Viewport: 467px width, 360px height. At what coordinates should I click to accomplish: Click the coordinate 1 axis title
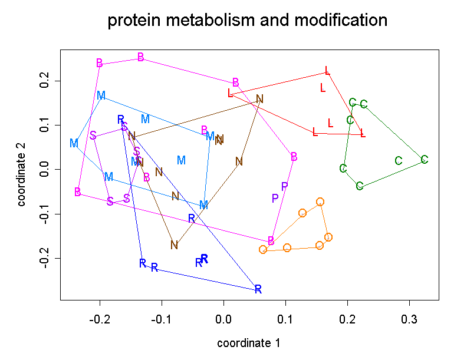click(248, 343)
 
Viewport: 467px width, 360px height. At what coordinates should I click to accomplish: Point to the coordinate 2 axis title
click(22, 170)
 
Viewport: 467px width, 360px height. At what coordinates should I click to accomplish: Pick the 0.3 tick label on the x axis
click(410, 318)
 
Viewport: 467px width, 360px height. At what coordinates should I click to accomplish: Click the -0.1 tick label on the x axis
click(162, 318)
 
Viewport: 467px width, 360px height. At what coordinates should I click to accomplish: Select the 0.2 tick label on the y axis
click(41, 81)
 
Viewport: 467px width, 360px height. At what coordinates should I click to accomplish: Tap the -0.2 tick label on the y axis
click(41, 259)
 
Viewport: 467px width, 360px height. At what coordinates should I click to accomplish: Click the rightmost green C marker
click(424, 159)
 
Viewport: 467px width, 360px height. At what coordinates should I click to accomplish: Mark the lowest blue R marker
click(258, 289)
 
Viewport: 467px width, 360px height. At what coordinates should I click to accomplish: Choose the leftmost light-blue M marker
click(74, 143)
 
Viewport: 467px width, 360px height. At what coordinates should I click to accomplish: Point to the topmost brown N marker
click(259, 99)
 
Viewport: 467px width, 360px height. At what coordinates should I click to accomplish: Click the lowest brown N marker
click(174, 245)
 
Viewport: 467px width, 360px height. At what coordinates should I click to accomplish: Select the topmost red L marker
click(327, 71)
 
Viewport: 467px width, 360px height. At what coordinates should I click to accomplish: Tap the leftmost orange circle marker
click(263, 249)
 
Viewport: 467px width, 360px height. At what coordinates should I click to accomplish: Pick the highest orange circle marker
click(320, 202)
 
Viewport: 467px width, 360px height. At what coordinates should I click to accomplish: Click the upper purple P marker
click(284, 186)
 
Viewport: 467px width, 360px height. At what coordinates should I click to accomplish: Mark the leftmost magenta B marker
click(78, 191)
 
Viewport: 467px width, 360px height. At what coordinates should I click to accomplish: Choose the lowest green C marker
click(360, 186)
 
